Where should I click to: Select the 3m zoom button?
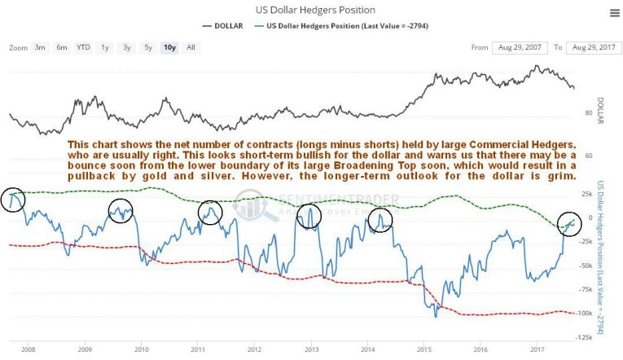point(40,47)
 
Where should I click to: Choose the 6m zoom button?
point(62,47)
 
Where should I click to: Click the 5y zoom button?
point(147,47)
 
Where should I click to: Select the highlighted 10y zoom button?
point(169,47)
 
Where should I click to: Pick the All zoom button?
point(190,47)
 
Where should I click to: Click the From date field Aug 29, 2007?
point(520,47)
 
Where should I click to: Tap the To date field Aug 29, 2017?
point(593,47)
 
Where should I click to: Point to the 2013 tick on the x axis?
point(311,349)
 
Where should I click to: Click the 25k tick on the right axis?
point(586,194)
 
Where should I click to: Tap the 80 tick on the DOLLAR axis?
point(586,112)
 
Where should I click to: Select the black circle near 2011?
point(210,213)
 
